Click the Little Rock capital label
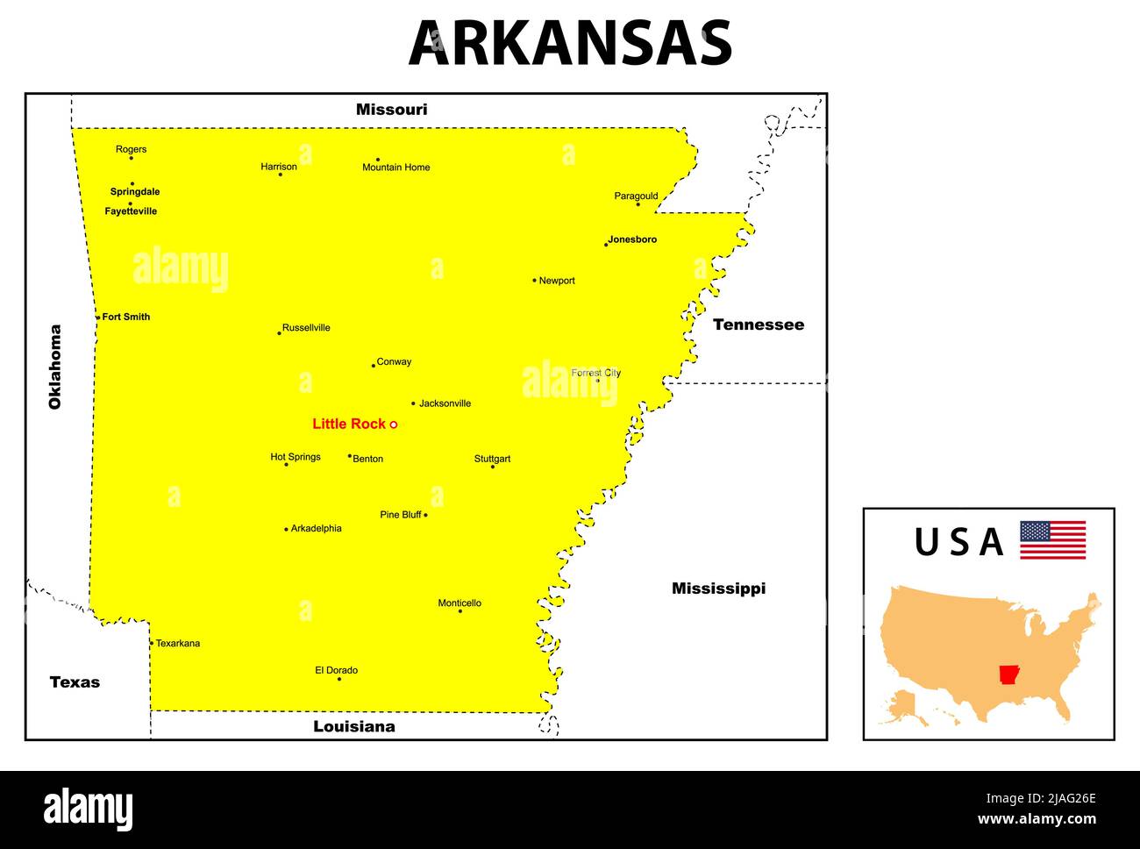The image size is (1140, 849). point(349,424)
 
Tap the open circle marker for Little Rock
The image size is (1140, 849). point(394,424)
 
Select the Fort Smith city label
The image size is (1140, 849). point(125,317)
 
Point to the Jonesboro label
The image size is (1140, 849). point(633,239)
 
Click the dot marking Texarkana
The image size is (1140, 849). point(152,643)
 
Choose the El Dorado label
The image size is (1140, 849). point(337,670)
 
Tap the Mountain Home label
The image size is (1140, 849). point(396,168)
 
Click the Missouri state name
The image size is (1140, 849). point(391,110)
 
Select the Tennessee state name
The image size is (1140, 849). point(758,325)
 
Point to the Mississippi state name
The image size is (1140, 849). point(718,589)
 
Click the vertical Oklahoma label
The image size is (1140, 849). point(55,367)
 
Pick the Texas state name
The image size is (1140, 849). point(75,682)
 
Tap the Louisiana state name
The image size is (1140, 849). point(354,726)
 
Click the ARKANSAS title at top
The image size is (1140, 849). point(570,43)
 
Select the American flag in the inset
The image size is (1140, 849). point(1052,540)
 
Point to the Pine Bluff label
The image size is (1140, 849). point(401,515)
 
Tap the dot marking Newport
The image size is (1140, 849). point(534,281)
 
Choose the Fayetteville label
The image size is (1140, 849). point(131,211)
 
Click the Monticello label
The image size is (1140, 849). point(460,603)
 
